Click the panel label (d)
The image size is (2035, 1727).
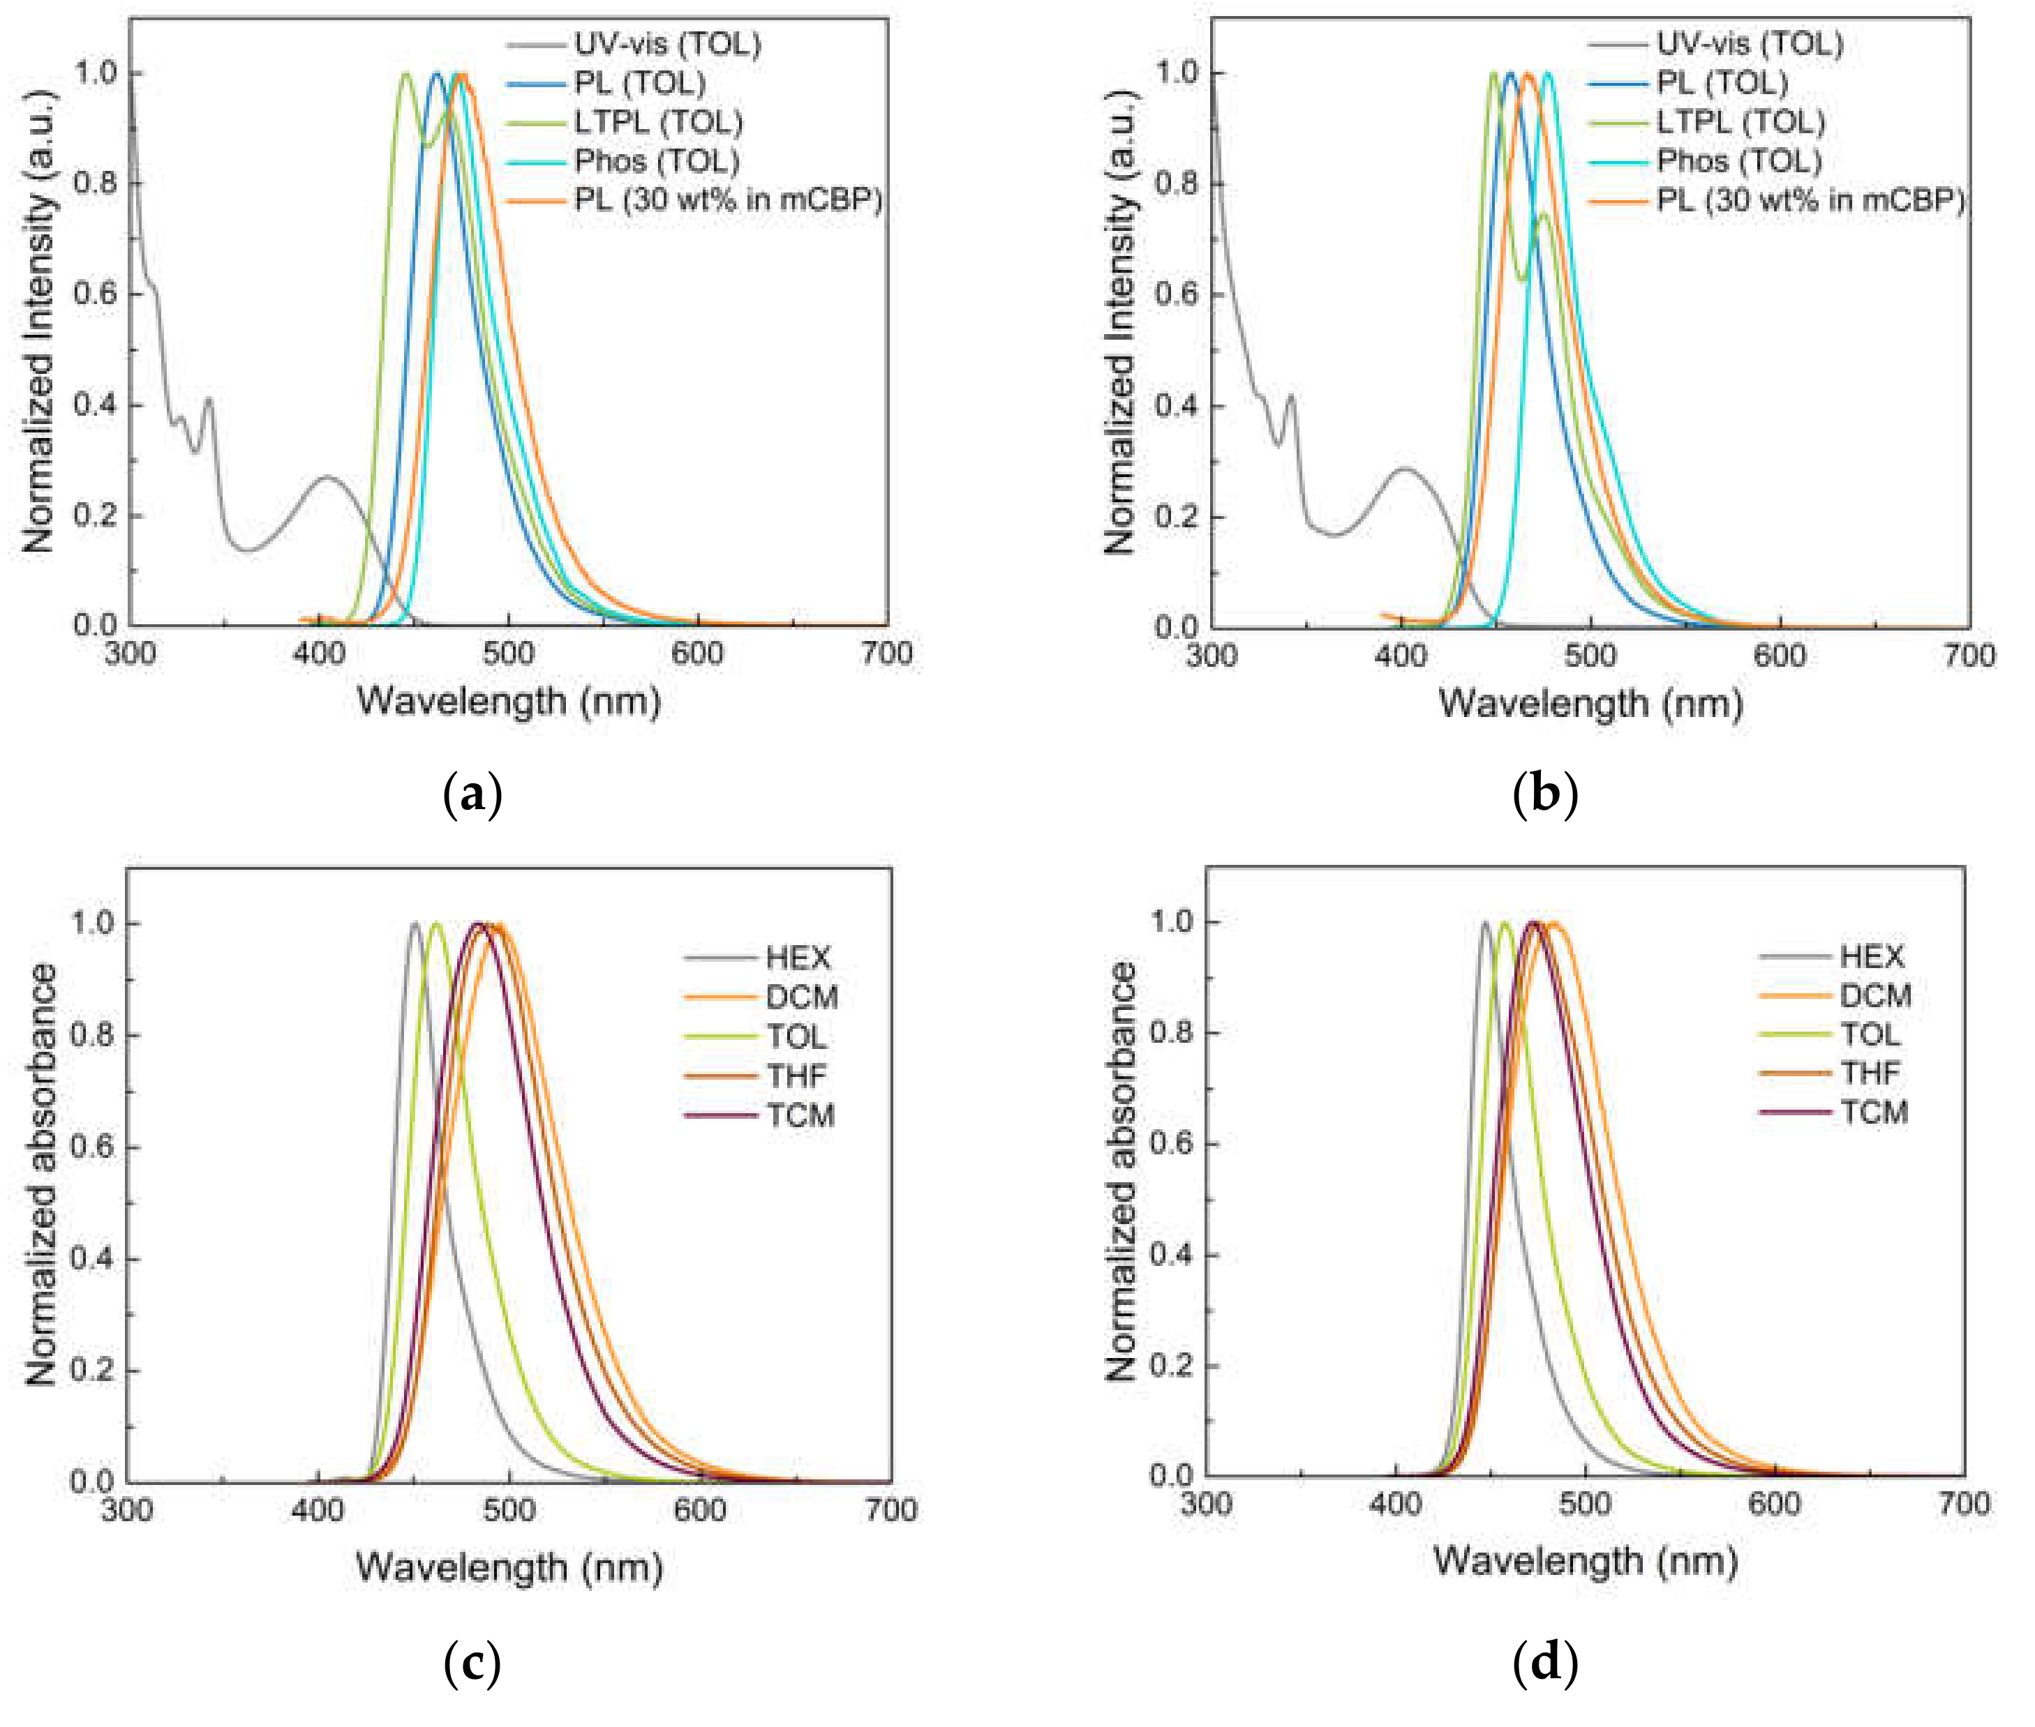click(x=1544, y=1661)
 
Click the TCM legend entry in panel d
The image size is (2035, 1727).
click(x=1873, y=1113)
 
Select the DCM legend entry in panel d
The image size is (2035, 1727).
click(x=1874, y=995)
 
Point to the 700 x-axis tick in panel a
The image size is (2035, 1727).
click(x=886, y=653)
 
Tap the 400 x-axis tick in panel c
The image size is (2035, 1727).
click(x=318, y=1509)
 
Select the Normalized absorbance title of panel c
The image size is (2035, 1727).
click(x=41, y=1174)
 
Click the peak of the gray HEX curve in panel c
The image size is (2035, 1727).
click(x=415, y=923)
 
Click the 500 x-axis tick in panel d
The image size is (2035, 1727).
click(x=1584, y=1503)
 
